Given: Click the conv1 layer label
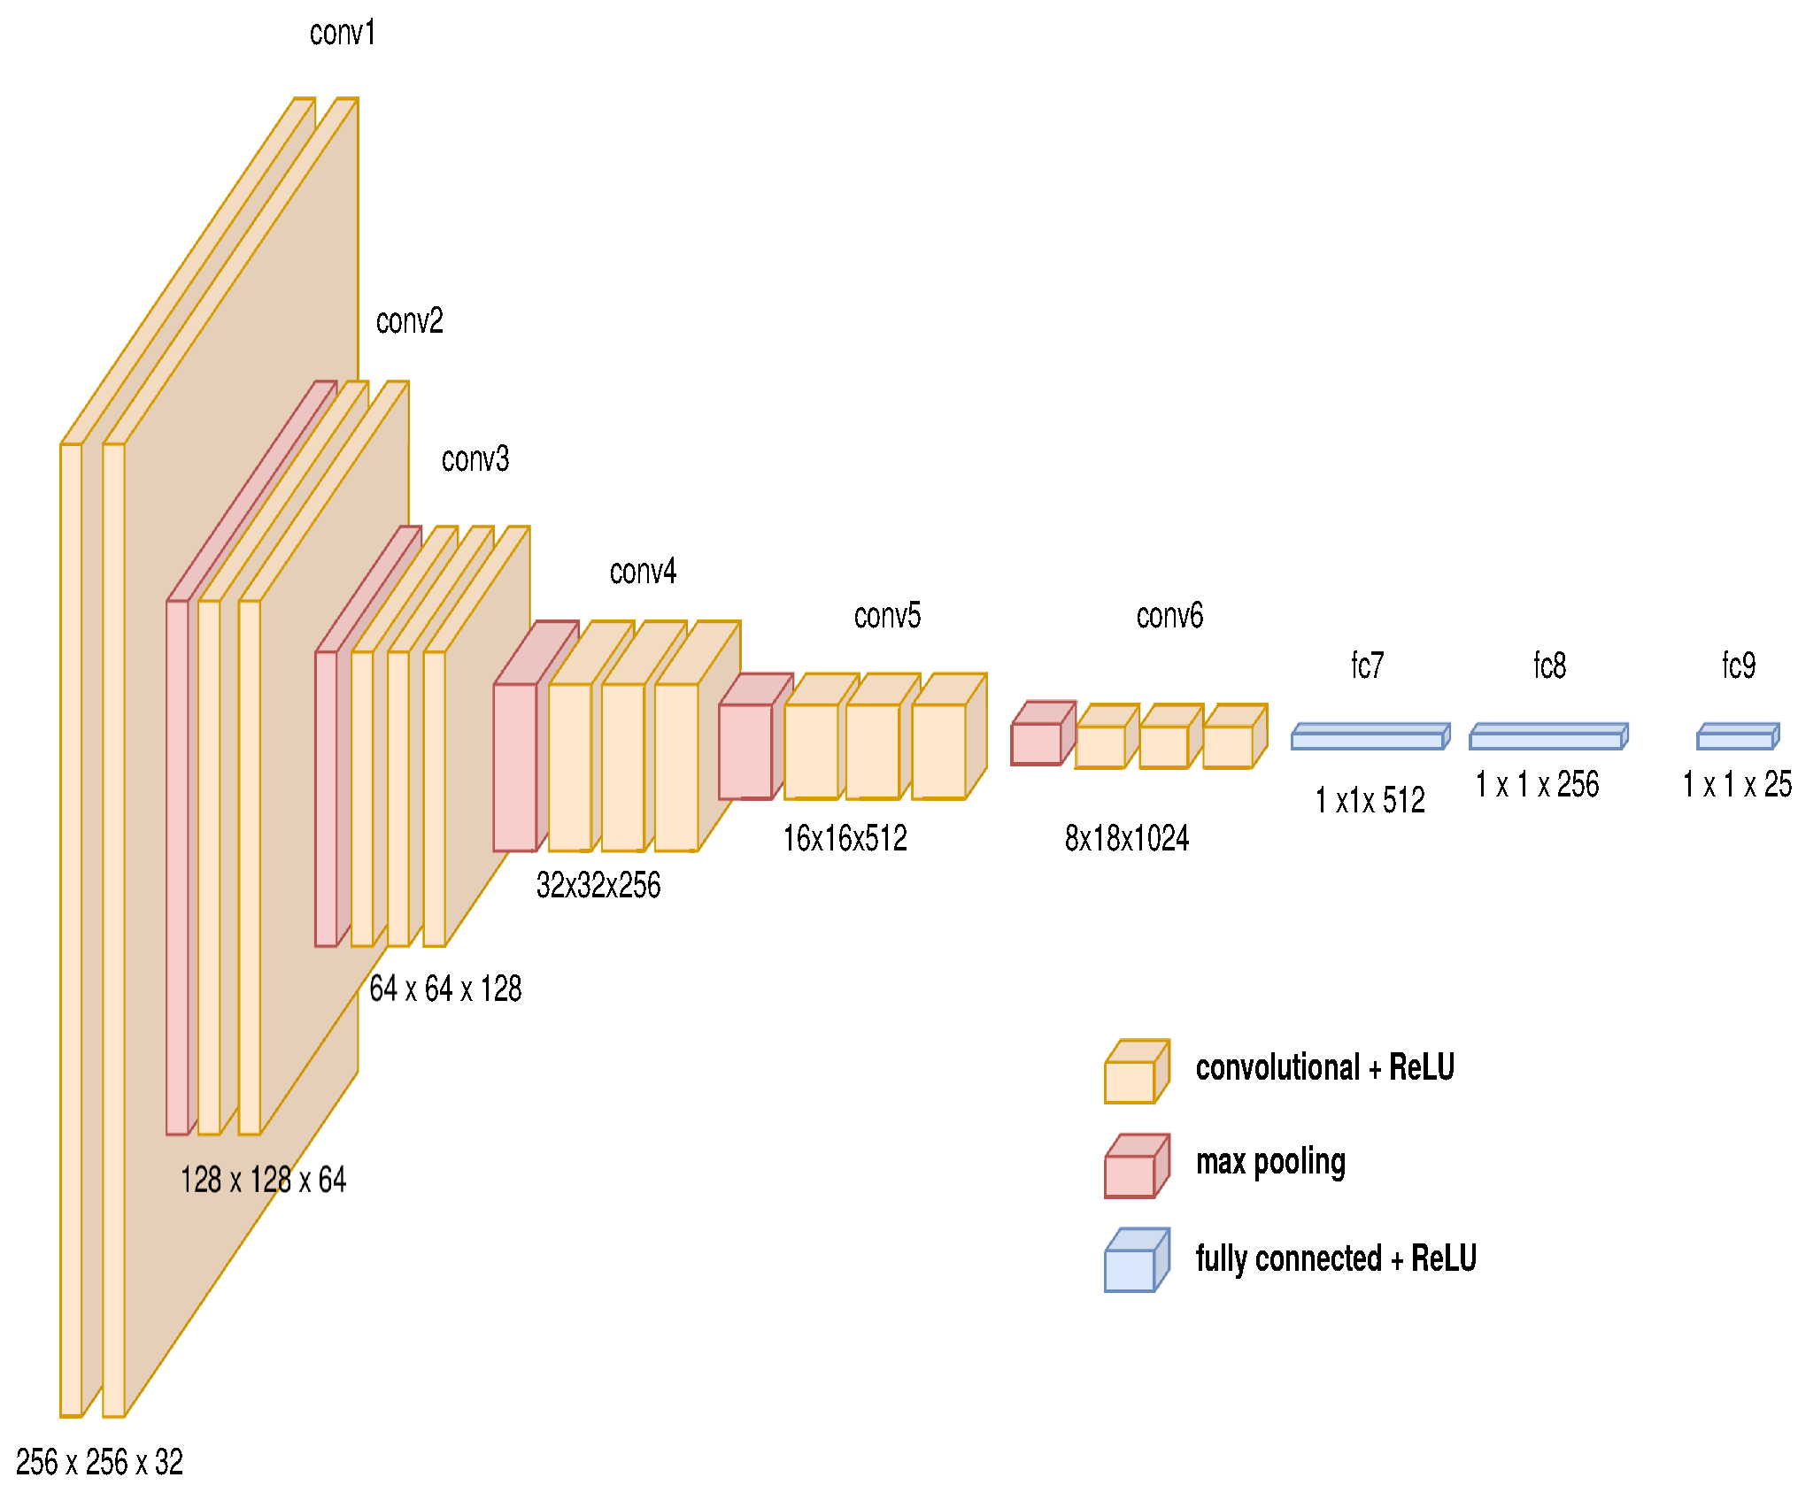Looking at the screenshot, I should tap(343, 34).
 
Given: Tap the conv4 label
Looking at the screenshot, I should tap(643, 572).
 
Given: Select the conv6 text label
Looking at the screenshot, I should tap(1169, 615).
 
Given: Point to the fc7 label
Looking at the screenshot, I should tap(1367, 666).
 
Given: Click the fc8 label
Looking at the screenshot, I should tap(1549, 666).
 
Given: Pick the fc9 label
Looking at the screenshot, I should tap(1739, 666).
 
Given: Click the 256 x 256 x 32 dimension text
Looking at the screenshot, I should tap(99, 1461).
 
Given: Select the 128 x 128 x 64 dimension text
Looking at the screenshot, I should tap(263, 1180).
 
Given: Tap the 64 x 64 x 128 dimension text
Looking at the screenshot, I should tap(445, 989).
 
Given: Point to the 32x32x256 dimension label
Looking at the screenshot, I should tap(598, 885).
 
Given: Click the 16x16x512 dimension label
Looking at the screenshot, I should tap(845, 838).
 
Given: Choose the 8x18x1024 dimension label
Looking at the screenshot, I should tap(1127, 838).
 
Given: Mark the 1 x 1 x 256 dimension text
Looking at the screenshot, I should tap(1537, 785).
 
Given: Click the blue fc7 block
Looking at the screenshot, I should tap(1370, 737).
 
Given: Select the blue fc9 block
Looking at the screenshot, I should tap(1737, 737).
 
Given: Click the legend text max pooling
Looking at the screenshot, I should tap(1270, 1162).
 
